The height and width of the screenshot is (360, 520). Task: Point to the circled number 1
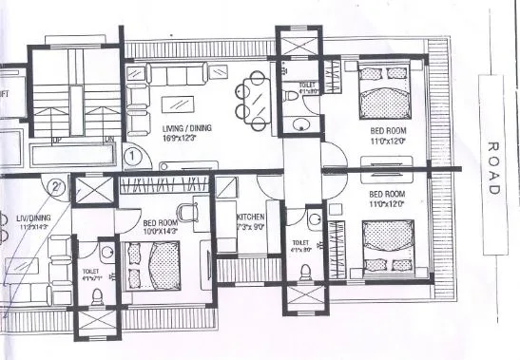134,154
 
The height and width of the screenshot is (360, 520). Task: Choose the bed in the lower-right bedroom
387,244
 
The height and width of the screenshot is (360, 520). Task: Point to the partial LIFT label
5,96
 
